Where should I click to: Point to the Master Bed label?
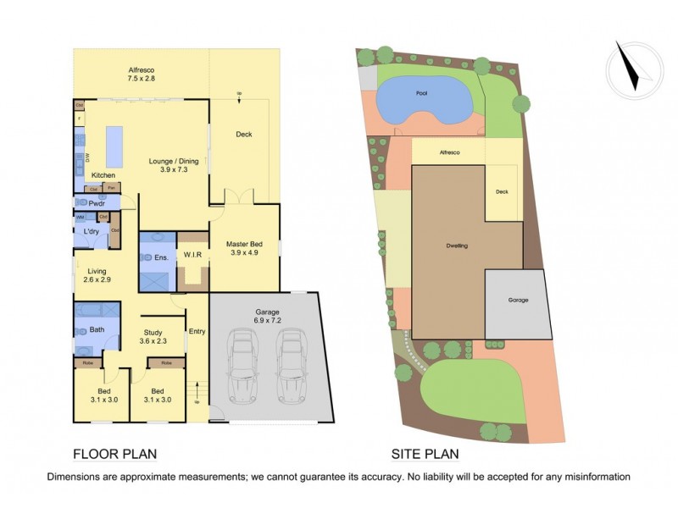click(244, 251)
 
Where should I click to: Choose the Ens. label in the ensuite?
click(159, 256)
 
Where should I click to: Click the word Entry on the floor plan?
click(197, 331)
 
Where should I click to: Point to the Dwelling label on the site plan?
click(458, 246)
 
